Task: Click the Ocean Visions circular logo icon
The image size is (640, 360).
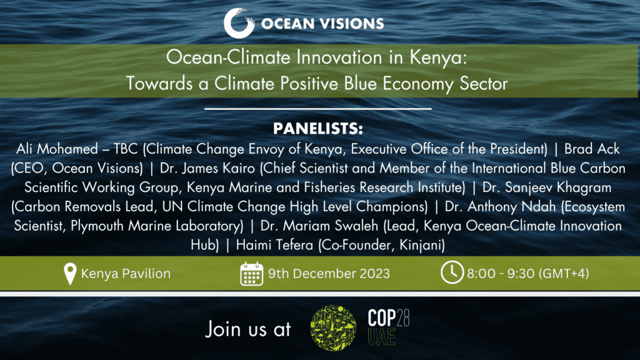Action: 238,24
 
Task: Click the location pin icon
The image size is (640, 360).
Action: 71,274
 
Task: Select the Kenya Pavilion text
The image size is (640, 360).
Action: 126,274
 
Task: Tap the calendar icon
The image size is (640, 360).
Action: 251,274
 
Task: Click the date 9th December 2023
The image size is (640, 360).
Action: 329,274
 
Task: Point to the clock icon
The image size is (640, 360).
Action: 452,274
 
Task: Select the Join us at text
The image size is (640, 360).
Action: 248,328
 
